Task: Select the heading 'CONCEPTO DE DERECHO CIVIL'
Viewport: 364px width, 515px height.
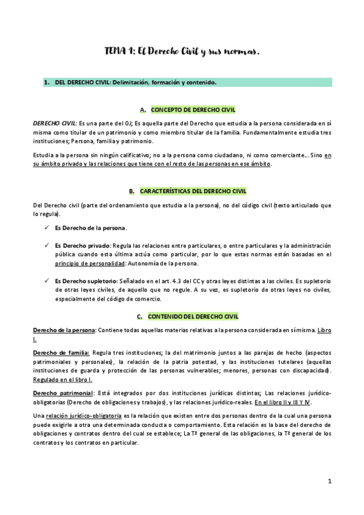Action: pyautogui.click(x=193, y=109)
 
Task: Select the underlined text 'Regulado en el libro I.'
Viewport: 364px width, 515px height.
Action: pyautogui.click(x=63, y=380)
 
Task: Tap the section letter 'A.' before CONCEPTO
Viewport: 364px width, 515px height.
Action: pyautogui.click(x=143, y=110)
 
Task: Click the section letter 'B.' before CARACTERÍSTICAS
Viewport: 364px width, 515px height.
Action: pyautogui.click(x=132, y=191)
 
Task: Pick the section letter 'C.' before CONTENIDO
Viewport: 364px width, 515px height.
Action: pyautogui.click(x=140, y=316)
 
